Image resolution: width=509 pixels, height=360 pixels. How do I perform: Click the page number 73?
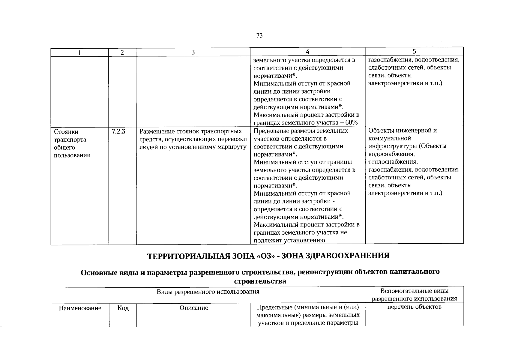260,35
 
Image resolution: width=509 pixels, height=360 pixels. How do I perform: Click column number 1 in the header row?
79,53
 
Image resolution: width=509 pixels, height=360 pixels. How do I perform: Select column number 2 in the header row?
122,52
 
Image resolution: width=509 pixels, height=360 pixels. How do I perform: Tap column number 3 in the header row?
193,52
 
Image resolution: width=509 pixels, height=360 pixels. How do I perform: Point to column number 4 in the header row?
307,52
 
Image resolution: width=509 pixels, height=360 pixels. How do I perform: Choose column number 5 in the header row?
414,51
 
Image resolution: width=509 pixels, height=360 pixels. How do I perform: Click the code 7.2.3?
118,131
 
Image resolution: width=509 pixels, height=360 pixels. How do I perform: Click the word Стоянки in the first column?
66,132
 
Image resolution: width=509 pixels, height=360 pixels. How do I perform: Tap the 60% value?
352,122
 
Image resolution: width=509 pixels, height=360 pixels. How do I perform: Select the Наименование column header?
80,308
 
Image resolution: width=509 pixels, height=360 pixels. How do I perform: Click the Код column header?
123,308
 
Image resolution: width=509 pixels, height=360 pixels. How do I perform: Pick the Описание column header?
194,308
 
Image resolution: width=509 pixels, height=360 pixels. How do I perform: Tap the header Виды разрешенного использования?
208,292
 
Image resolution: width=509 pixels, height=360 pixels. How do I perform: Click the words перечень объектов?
414,307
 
